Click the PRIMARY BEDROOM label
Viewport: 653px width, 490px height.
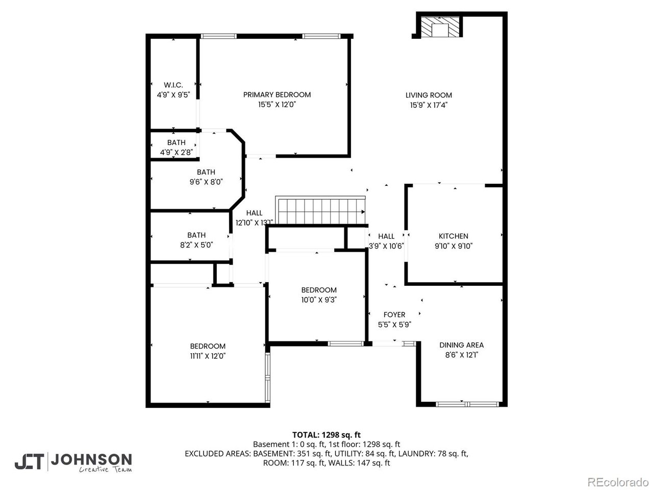[x=277, y=95]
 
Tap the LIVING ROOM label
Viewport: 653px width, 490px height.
[x=429, y=95]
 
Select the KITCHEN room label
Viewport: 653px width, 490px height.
[x=454, y=236]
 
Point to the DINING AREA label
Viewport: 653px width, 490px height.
[x=461, y=345]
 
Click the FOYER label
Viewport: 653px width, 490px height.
[x=394, y=315]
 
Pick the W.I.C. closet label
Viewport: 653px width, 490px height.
[x=173, y=85]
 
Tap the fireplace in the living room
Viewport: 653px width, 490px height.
[x=439, y=28]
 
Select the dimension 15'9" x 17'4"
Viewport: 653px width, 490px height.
[x=429, y=105]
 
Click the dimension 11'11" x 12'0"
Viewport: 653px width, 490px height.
[x=208, y=356]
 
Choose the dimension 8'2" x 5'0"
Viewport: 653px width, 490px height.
[x=196, y=245]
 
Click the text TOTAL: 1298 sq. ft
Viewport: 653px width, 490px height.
[x=326, y=435]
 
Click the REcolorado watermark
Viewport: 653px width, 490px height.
[x=617, y=481]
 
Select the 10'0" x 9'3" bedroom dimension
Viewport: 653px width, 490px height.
[x=319, y=300]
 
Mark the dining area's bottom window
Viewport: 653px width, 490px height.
[x=467, y=404]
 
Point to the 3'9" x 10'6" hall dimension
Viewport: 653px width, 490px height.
[x=386, y=246]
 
